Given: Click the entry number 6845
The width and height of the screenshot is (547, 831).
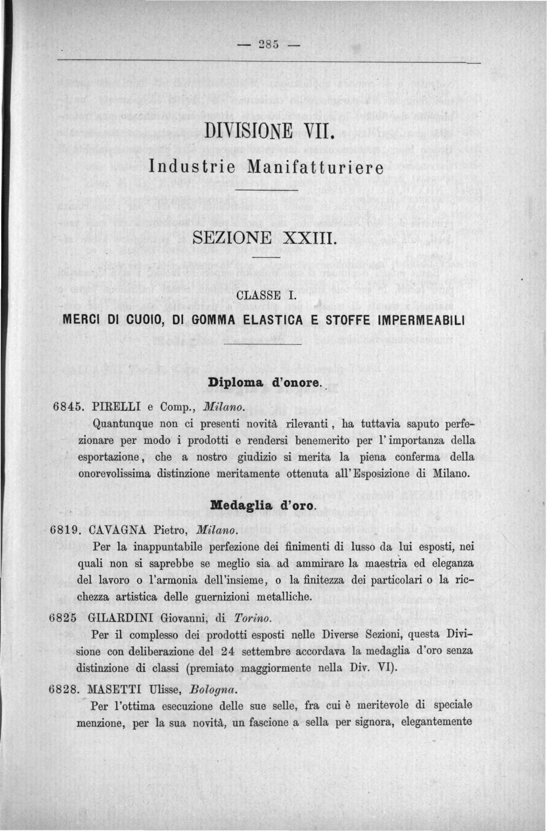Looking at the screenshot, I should tap(67, 407).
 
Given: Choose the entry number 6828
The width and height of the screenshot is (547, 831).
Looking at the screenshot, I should tap(64, 689).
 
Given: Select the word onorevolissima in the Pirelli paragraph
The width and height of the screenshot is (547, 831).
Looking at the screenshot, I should tap(114, 473).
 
